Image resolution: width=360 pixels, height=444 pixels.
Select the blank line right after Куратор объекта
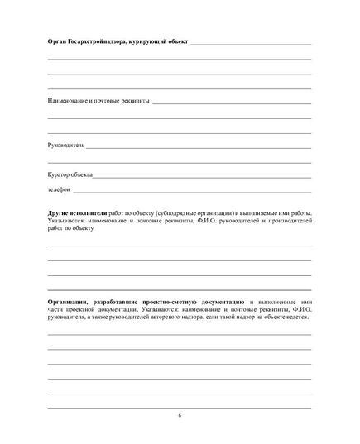pyautogui.click(x=202, y=176)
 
